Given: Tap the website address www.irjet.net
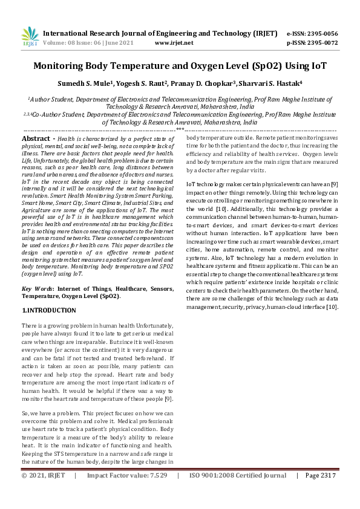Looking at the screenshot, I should [174, 44].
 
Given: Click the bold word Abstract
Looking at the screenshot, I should [37, 138].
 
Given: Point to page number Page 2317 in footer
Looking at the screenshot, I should [320, 493].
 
